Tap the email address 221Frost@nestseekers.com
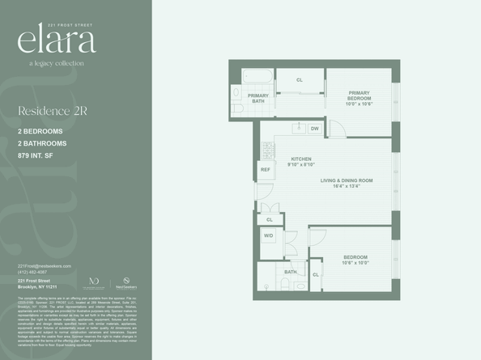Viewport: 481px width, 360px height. [x=45, y=266]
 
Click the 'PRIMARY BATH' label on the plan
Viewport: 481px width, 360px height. [x=258, y=98]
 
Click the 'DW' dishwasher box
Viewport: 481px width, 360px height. [x=314, y=129]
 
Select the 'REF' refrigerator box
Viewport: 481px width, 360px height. [x=265, y=169]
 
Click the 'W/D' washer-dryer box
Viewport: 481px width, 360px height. [x=268, y=235]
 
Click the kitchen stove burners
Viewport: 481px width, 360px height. [x=268, y=150]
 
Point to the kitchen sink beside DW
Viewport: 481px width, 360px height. [x=296, y=128]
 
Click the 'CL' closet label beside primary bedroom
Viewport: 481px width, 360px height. [x=300, y=80]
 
